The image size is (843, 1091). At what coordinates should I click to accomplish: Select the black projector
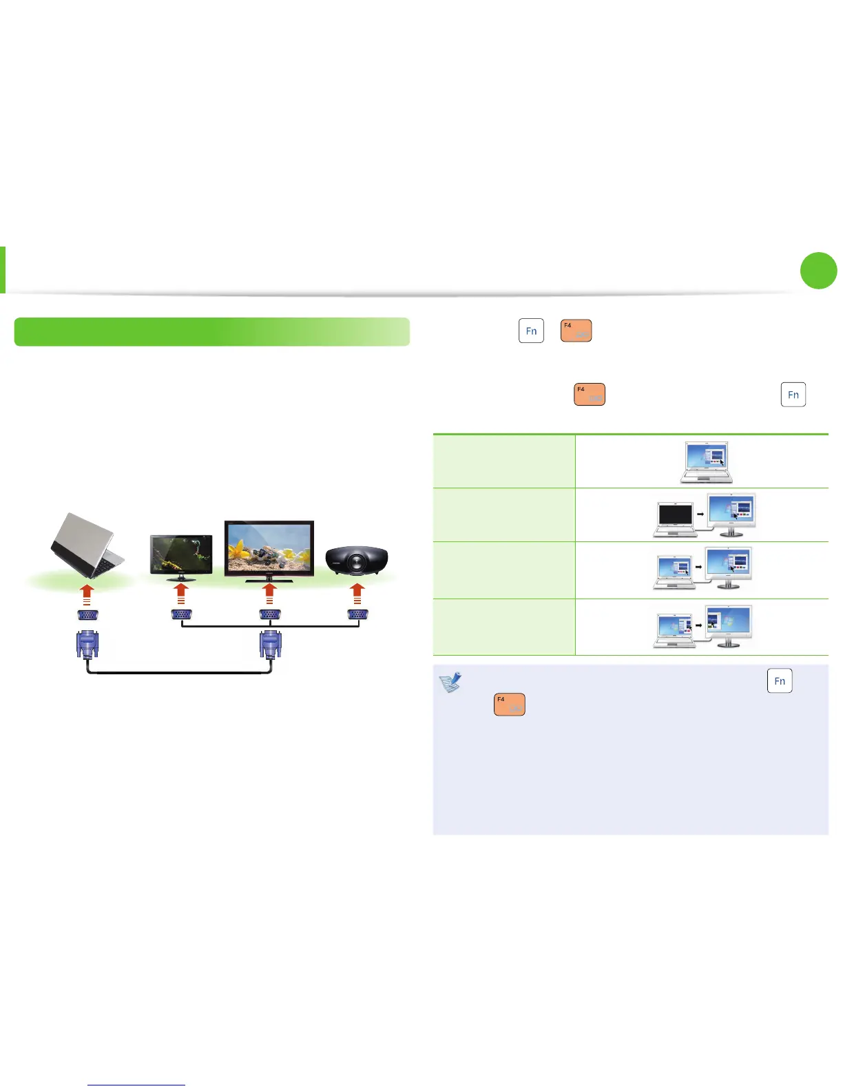point(356,561)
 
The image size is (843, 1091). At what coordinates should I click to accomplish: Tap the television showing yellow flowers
point(269,549)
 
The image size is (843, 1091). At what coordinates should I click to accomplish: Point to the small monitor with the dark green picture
point(181,555)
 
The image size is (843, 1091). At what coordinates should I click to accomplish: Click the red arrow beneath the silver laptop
point(87,594)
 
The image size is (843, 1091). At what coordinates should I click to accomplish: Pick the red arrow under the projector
point(357,594)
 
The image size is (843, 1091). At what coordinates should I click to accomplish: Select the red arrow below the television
point(269,594)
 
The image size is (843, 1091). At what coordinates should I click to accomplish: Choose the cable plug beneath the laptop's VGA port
point(87,645)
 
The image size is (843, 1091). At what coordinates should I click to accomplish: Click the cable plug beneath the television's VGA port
point(270,645)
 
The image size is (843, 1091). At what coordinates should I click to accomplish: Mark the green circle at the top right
point(819,271)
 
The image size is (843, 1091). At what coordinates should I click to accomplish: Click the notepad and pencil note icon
point(450,683)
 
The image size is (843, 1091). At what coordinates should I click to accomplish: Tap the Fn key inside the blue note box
point(780,680)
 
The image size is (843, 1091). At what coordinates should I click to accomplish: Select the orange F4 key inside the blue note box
point(510,704)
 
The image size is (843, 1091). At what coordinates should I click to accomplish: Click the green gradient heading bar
point(212,331)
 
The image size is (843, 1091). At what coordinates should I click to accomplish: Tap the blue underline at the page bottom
point(136,1085)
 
